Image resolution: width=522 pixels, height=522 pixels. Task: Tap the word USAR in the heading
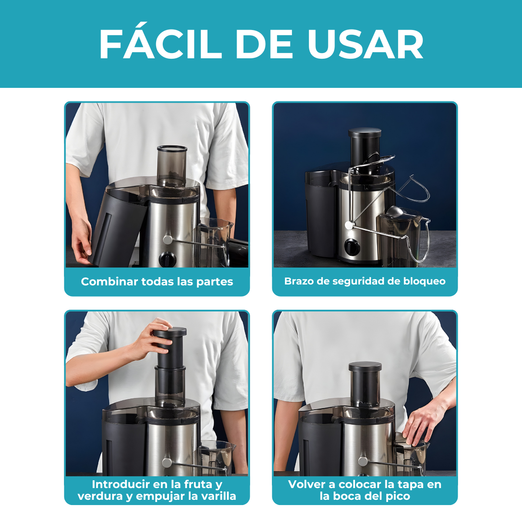(x=365, y=44)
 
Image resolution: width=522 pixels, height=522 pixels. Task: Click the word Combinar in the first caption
(x=109, y=282)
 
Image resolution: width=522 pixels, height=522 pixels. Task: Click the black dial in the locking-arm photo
(x=352, y=247)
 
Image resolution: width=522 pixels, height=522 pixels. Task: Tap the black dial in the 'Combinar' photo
(x=167, y=259)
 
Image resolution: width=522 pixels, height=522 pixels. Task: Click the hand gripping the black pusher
(x=152, y=339)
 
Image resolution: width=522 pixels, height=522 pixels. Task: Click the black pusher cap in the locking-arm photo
(x=365, y=133)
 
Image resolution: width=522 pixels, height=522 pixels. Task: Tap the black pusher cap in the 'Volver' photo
(x=365, y=367)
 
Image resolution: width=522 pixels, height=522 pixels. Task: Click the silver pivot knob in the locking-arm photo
(x=349, y=225)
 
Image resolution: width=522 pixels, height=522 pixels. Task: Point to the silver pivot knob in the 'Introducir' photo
(x=167, y=462)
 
